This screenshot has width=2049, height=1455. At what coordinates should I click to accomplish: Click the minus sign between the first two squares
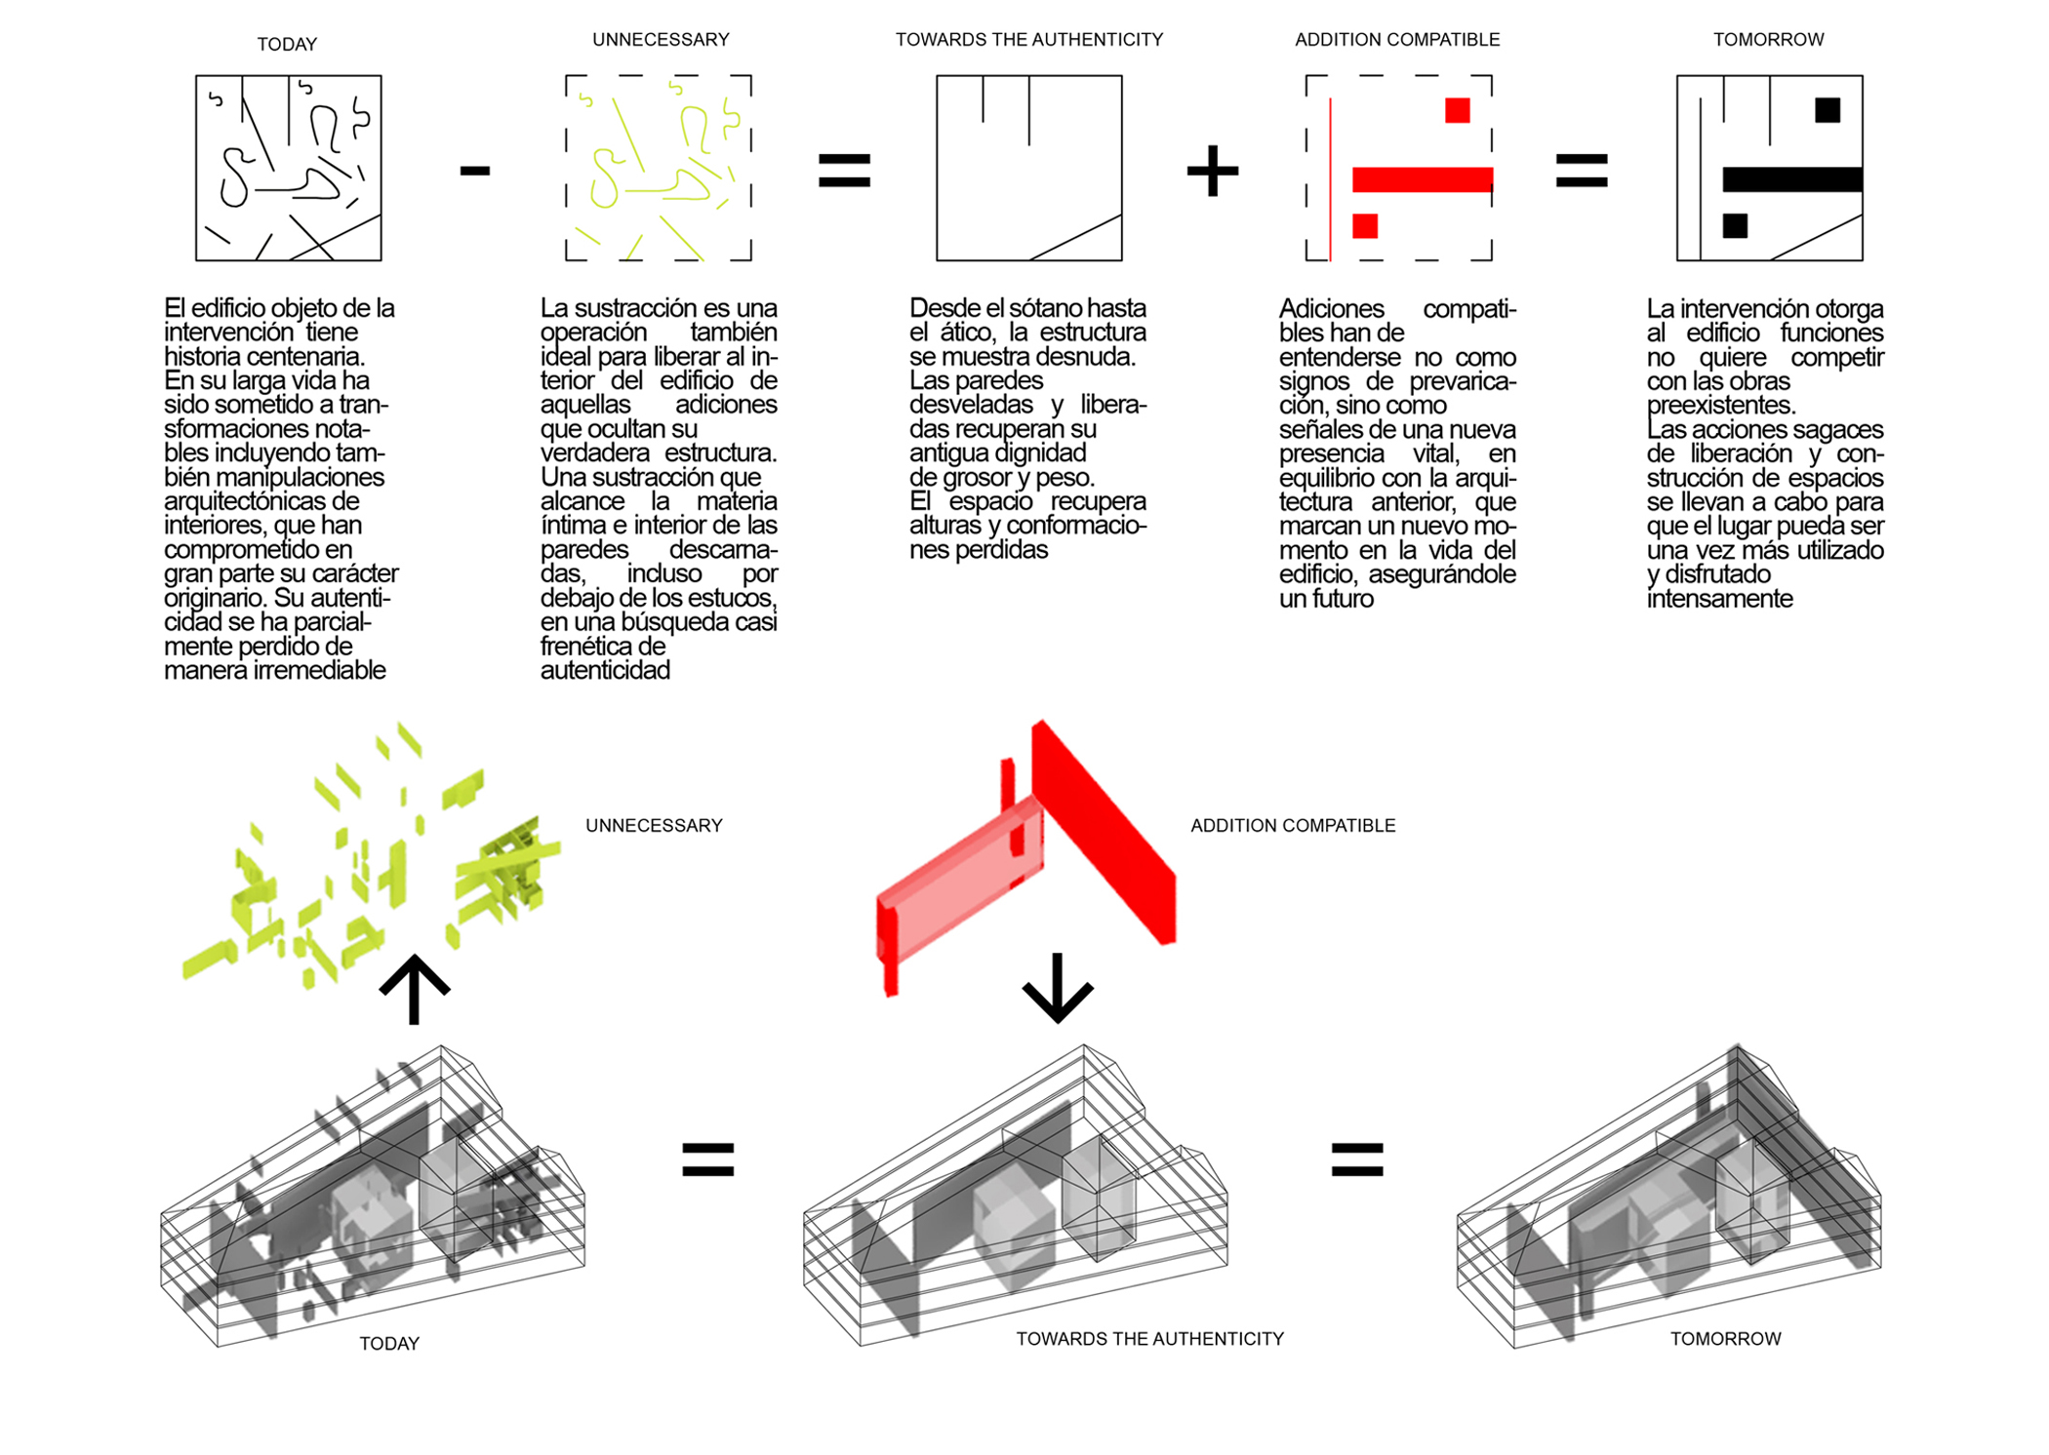(475, 172)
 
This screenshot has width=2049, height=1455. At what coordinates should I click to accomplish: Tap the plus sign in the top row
(1213, 171)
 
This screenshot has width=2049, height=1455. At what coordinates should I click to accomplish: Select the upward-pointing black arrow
(415, 989)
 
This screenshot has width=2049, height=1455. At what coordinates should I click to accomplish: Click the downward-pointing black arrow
(1058, 988)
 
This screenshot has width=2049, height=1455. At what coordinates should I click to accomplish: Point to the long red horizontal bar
(1423, 179)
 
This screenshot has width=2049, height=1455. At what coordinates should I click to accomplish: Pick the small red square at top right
(1458, 110)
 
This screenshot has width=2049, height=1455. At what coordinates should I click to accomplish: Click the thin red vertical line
(1330, 178)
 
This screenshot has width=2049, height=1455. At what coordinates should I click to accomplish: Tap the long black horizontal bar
(1792, 179)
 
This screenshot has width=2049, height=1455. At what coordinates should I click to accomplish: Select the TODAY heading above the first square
(287, 44)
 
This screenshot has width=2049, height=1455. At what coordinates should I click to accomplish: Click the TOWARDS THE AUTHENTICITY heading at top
(1029, 39)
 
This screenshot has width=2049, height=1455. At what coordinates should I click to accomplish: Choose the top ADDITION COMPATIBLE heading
(1397, 39)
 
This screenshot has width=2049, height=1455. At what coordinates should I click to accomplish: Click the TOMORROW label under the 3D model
(1725, 1339)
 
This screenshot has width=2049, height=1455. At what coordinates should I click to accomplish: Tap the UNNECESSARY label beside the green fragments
(654, 825)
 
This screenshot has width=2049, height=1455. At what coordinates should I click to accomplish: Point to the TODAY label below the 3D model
(389, 1343)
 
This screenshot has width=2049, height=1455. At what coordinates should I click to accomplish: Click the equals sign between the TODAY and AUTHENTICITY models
(708, 1160)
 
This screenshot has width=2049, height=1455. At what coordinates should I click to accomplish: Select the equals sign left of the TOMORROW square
(1582, 171)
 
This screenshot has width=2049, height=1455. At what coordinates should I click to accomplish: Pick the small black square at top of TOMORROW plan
(1828, 110)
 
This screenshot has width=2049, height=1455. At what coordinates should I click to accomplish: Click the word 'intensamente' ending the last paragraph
(1719, 598)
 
